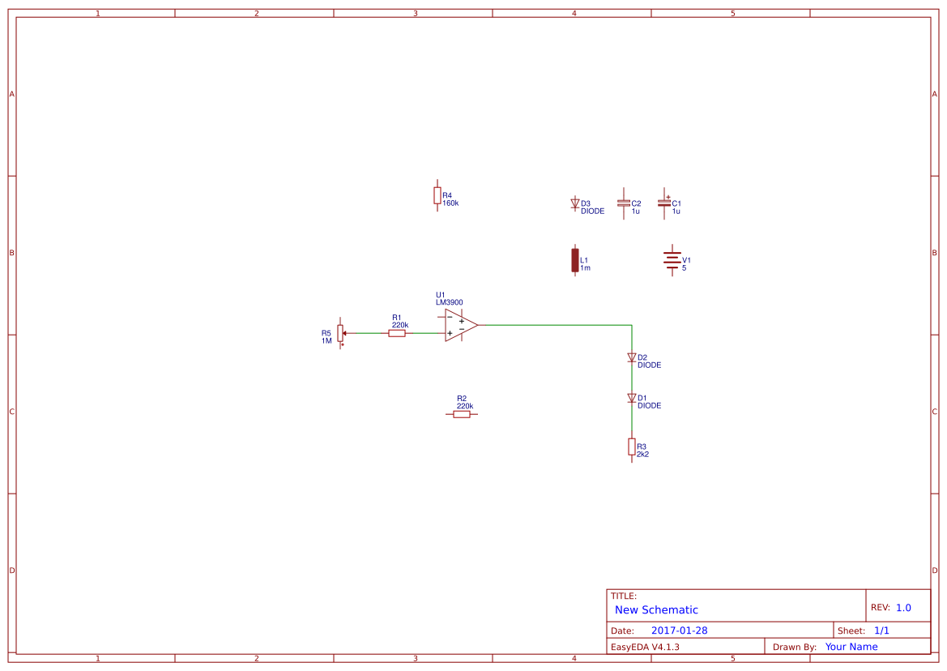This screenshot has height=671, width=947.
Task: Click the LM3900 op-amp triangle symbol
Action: tap(459, 325)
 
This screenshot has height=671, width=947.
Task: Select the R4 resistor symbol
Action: tap(437, 195)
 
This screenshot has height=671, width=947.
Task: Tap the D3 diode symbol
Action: tap(575, 203)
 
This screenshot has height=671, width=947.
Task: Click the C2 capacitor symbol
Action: tap(623, 203)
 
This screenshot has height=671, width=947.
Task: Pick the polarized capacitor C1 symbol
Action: tap(664, 203)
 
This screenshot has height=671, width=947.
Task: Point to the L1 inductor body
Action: tap(575, 259)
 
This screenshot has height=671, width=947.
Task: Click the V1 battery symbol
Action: tap(671, 260)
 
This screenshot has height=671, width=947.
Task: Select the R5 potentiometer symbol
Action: tap(340, 332)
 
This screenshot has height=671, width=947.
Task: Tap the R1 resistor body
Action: tap(397, 333)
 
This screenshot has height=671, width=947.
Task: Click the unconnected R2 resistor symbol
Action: tap(461, 414)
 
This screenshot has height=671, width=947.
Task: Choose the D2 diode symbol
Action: tap(631, 357)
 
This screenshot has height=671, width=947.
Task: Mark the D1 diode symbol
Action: tap(631, 398)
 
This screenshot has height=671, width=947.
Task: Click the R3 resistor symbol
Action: tap(631, 447)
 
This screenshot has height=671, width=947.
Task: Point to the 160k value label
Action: tap(450, 203)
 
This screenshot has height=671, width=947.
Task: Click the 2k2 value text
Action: tap(642, 455)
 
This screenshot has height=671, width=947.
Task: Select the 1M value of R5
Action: tap(326, 341)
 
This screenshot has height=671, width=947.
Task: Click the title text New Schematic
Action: tap(656, 610)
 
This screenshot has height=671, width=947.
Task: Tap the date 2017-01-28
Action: tap(679, 630)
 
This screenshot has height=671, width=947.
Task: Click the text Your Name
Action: tap(851, 647)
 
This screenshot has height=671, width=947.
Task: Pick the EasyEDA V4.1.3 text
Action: tap(645, 647)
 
